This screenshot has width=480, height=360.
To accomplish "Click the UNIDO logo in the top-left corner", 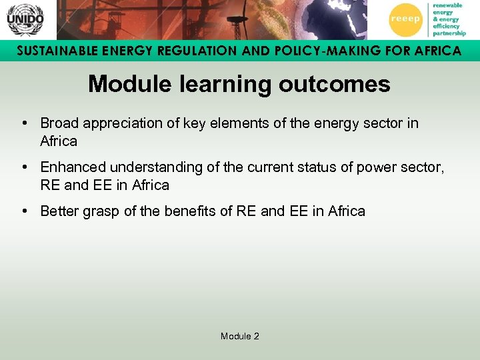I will [25, 19].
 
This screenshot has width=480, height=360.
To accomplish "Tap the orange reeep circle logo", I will [405, 19].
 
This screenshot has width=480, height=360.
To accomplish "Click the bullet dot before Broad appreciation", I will [23, 123].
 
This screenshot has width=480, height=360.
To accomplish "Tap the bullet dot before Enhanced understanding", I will [23, 167].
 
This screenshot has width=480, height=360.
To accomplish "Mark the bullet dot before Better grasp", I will [23, 211].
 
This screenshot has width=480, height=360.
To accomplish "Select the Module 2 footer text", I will [240, 336].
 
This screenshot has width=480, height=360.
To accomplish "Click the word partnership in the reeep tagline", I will [449, 33].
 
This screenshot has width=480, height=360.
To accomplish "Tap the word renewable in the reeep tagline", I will [447, 5].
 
